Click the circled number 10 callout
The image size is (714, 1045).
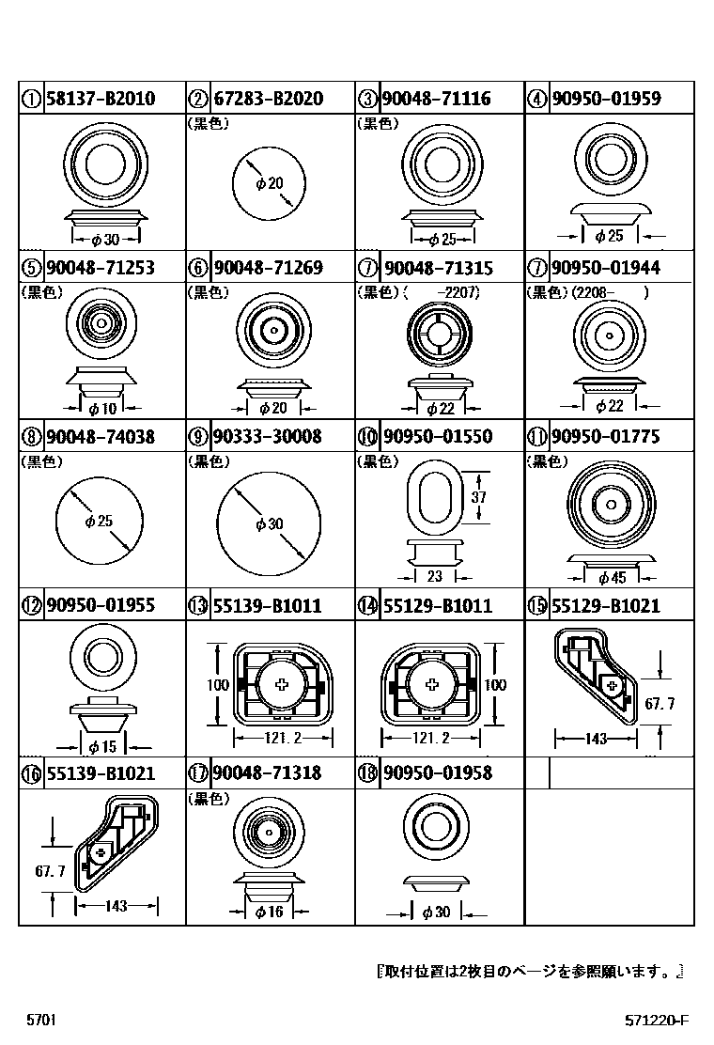click(x=366, y=437)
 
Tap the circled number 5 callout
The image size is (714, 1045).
click(x=30, y=268)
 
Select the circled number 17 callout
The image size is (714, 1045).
click(x=197, y=773)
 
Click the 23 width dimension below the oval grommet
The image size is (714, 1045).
click(x=434, y=577)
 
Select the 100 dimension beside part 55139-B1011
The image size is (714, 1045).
click(x=218, y=685)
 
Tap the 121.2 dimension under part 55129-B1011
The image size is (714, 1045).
click(x=432, y=739)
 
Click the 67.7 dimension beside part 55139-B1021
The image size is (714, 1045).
click(x=50, y=871)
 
